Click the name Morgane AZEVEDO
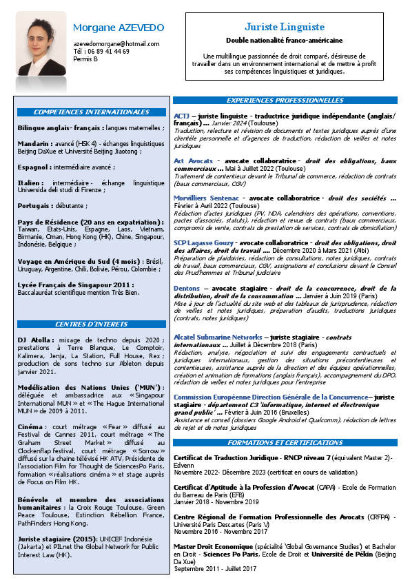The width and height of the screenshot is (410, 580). pyautogui.click(x=119, y=28)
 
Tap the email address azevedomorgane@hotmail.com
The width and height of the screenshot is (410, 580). pyautogui.click(x=116, y=44)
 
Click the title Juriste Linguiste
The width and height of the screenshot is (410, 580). pyautogui.click(x=285, y=27)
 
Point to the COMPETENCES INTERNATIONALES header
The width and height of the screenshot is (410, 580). pyautogui.click(x=92, y=112)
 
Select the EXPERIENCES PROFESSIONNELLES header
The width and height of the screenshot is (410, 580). pyautogui.click(x=285, y=101)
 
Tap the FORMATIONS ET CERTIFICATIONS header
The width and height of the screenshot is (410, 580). pyautogui.click(x=285, y=422)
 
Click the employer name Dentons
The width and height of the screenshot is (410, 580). pyautogui.click(x=187, y=289)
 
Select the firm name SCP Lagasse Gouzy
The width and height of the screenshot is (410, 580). pyautogui.click(x=203, y=242)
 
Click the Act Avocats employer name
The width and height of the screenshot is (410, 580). pyautogui.click(x=194, y=160)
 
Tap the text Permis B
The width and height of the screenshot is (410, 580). pyautogui.click(x=85, y=59)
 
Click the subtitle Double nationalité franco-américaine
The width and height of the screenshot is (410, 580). pyautogui.click(x=285, y=41)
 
